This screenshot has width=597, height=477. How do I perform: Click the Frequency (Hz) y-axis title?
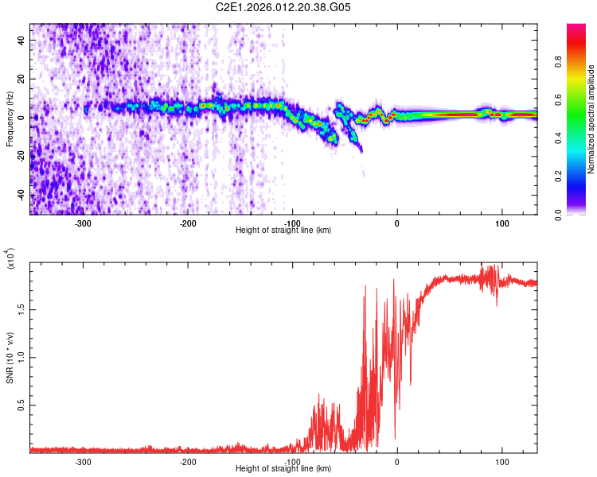(x=10, y=118)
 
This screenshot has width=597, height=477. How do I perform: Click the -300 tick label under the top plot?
(x=83, y=223)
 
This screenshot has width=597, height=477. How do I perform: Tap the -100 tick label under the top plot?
(x=292, y=223)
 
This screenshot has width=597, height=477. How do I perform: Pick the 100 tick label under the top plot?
(x=502, y=223)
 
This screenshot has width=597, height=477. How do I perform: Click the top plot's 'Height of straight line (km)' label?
(x=283, y=231)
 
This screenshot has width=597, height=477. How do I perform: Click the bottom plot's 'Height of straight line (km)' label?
(x=283, y=469)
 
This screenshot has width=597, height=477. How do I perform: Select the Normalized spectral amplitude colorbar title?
(x=591, y=119)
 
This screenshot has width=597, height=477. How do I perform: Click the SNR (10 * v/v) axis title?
(x=10, y=358)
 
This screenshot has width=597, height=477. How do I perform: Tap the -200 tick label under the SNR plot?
(x=188, y=462)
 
